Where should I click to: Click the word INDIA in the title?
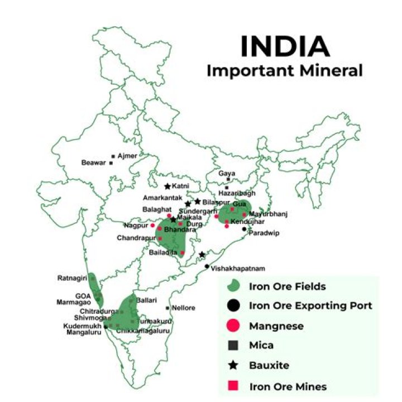point(284,47)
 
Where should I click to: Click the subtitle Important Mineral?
point(284,71)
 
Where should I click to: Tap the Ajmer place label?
point(127,156)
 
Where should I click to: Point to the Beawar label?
point(94,163)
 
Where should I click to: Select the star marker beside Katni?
point(167,186)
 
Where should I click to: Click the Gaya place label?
point(227,173)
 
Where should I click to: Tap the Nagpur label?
point(136,226)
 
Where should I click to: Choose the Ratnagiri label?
point(72,277)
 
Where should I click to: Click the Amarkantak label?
point(161,198)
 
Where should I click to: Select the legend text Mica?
point(261,345)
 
